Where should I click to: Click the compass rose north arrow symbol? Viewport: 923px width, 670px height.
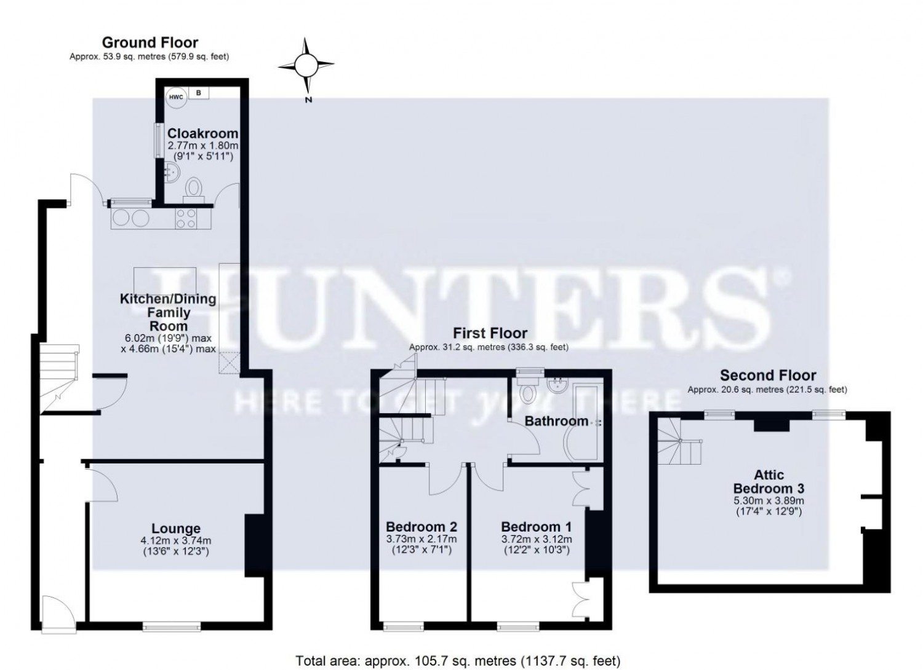click(x=306, y=65)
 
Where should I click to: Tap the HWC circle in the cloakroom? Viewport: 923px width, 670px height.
click(x=177, y=98)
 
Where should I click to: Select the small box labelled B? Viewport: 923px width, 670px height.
click(x=198, y=93)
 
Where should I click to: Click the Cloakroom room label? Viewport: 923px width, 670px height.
click(x=202, y=133)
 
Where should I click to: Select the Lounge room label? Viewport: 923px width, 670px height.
click(x=176, y=529)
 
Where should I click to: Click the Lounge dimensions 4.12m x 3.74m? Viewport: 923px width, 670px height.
click(x=176, y=541)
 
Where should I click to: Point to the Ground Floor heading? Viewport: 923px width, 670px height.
click(x=150, y=42)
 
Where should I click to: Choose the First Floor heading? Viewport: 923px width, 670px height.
click(x=490, y=333)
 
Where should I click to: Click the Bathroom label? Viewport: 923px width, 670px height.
click(x=556, y=421)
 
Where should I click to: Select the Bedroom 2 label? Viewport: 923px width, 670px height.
click(x=422, y=527)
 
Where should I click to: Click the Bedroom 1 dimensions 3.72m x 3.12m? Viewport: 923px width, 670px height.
click(x=537, y=539)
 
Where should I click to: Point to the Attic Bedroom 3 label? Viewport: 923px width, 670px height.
click(x=769, y=481)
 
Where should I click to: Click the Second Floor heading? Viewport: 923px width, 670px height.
click(x=768, y=375)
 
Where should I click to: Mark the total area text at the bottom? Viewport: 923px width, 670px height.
click(x=458, y=661)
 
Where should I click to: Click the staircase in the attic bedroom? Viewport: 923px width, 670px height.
click(x=679, y=442)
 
